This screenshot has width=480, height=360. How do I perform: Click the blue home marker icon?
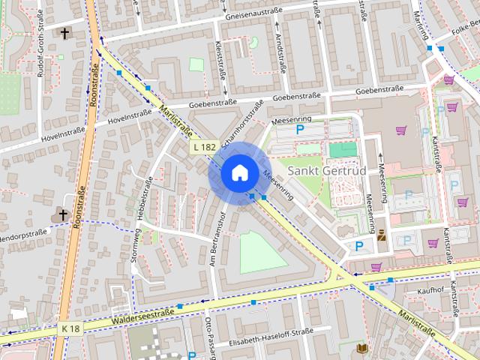tap(238, 172)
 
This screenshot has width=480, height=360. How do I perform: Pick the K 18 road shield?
tap(70, 328)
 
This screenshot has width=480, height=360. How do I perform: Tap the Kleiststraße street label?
tap(219, 56)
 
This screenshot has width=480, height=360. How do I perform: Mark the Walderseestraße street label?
tap(142, 316)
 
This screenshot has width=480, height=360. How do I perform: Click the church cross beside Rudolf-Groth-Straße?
tap(64, 33)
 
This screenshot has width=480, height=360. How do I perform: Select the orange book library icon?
tap(363, 349)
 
